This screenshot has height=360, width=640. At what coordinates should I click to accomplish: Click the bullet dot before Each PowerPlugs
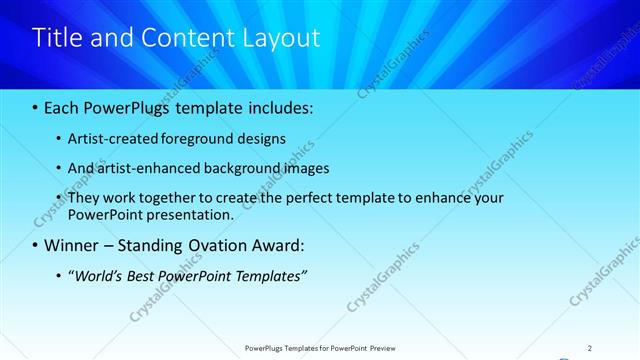tap(37, 106)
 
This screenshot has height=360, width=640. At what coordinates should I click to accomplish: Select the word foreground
tap(189, 139)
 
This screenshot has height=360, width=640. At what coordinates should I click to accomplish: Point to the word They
tap(84, 198)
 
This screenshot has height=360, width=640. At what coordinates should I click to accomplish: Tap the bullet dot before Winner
tap(37, 246)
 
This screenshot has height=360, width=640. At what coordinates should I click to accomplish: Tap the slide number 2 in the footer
tap(590, 348)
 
